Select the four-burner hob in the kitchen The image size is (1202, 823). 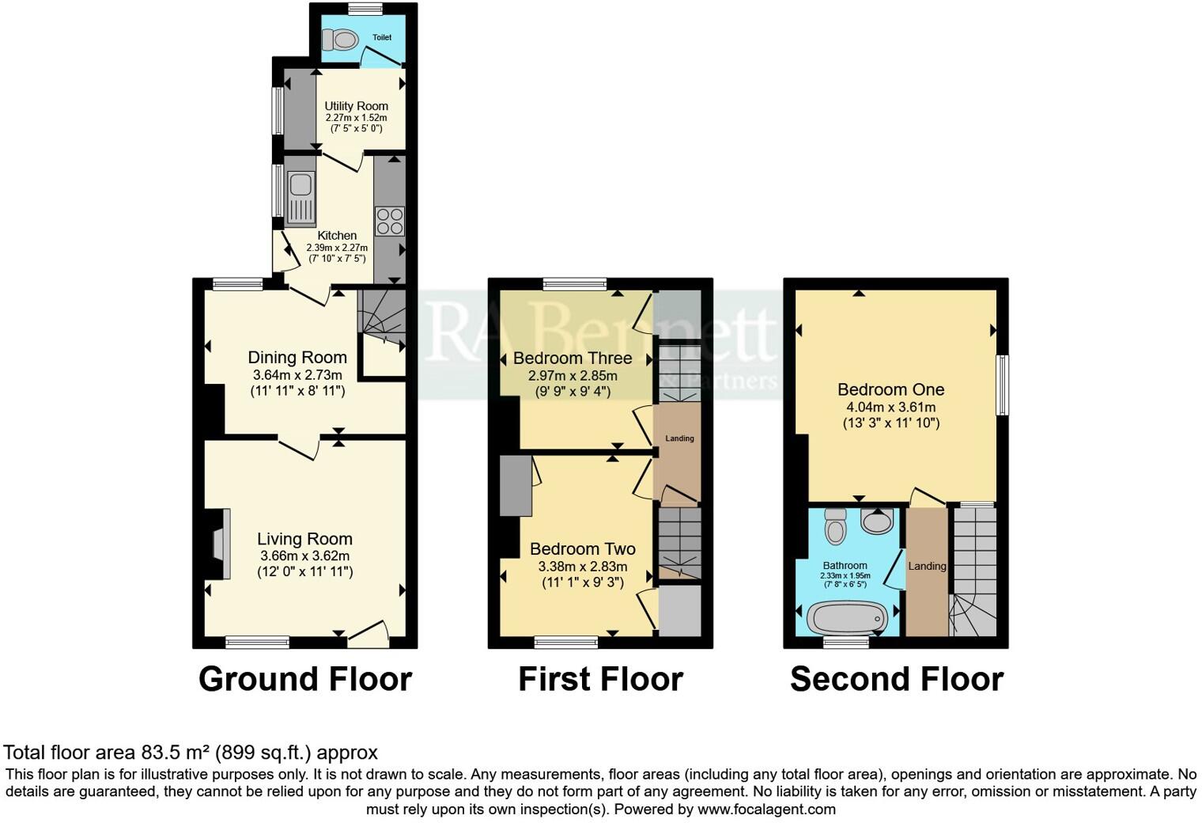[x=389, y=221]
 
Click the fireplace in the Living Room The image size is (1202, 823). [x=220, y=545]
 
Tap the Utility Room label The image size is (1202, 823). [x=356, y=106]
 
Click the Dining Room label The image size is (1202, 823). [x=297, y=358]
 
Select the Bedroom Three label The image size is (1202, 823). [x=573, y=358]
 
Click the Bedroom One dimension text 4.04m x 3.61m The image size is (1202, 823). [x=890, y=407]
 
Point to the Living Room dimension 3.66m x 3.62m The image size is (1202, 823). [x=304, y=556]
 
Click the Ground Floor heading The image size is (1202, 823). [x=305, y=679]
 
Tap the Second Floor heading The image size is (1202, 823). [x=897, y=679]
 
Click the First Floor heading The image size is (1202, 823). [x=600, y=679]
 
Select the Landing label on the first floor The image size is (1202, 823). [x=679, y=438]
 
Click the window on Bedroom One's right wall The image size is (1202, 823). [x=1001, y=385]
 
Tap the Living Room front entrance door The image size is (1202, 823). [x=369, y=630]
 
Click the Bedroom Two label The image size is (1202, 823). [x=582, y=549]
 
